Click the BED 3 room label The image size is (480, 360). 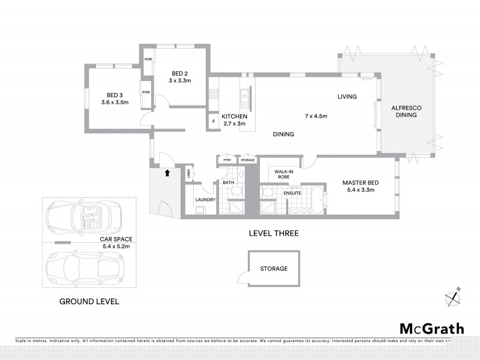click(115, 95)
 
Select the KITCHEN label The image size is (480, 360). click(234, 116)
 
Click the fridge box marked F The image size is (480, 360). click(213, 122)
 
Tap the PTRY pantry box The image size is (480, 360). click(227, 160)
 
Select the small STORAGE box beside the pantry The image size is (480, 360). click(248, 160)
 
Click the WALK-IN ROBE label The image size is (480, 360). click(284, 174)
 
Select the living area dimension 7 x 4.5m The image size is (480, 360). click(316, 116)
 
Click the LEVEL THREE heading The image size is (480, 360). click(274, 233)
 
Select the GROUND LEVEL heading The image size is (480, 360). click(89, 301)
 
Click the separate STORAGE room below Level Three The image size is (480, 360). click(273, 268)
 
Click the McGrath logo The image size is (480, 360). click(431, 328)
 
